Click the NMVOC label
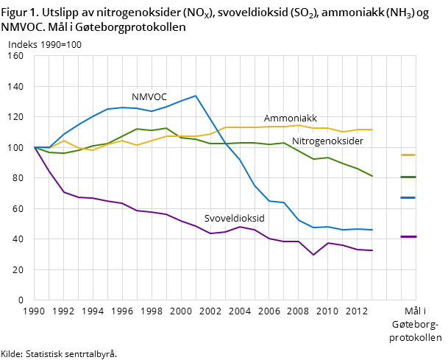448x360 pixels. [149, 97]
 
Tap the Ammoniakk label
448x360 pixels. [291, 119]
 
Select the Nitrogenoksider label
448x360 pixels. [327, 141]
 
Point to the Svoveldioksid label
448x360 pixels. [234, 219]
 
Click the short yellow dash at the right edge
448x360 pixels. [408, 155]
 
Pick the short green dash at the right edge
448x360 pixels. [408, 177]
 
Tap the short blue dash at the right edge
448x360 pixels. [408, 198]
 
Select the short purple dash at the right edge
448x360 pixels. [408, 237]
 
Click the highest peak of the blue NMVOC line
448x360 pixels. [196, 96]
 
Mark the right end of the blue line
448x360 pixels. [372, 230]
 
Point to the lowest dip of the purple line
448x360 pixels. [313, 255]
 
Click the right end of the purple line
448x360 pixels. [372, 250]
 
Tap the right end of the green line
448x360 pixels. [372, 176]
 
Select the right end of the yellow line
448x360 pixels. [372, 130]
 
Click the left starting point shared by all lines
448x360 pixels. [35, 147]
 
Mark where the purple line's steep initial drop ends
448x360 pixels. [64, 192]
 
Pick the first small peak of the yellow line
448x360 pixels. [64, 141]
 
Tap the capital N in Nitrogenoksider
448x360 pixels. [296, 141]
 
